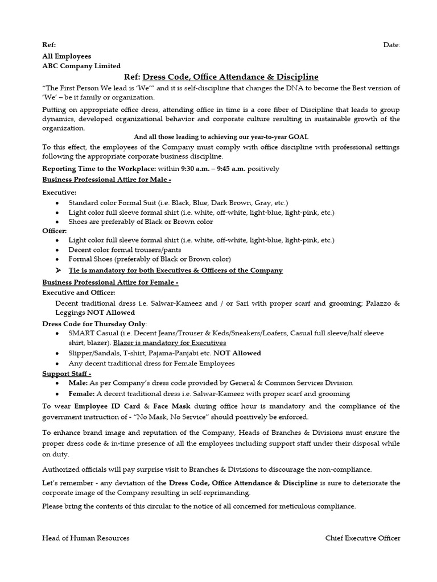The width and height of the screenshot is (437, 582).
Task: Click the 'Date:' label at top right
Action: coord(391,45)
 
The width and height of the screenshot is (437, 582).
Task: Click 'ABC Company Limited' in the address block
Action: coord(81,66)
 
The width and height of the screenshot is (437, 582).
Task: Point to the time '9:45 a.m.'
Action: coord(230,169)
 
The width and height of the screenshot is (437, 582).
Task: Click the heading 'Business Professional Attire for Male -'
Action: coord(107,180)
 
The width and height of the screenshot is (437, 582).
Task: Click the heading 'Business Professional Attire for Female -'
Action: coord(110,282)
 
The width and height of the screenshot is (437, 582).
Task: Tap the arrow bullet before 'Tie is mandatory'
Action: coord(58,271)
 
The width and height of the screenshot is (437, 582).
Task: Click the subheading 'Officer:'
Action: coord(55,231)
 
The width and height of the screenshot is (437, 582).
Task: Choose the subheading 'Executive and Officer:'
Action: coord(79,293)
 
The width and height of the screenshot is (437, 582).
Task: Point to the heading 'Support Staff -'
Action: coord(67,373)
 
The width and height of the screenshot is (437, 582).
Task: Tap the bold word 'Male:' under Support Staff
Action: coord(78,383)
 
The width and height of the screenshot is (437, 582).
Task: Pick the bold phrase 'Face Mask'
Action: coord(172,406)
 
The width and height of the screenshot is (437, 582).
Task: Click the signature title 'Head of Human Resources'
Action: coord(86,538)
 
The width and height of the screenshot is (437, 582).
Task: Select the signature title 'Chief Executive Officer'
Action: coord(362,538)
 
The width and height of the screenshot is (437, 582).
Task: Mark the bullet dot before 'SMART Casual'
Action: coord(58,334)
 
